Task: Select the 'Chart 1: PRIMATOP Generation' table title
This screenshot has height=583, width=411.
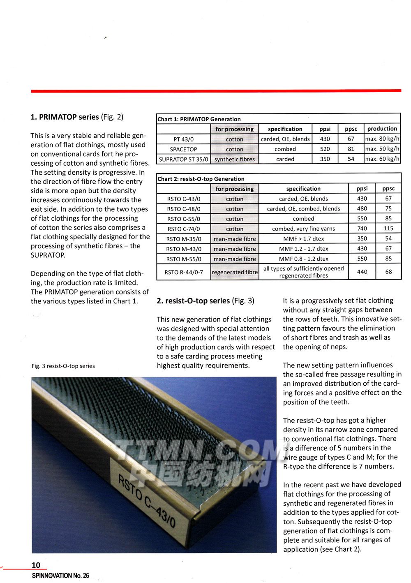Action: tap(199, 119)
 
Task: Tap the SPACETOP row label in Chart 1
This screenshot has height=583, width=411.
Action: tap(183, 149)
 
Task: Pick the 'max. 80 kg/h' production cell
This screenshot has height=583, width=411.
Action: tap(382, 139)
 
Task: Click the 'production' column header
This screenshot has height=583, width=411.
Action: tap(382, 129)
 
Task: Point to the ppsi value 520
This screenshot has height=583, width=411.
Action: tap(325, 149)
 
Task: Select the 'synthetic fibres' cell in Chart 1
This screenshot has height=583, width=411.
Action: tap(234, 159)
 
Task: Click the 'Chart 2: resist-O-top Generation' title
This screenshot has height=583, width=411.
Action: tap(201, 179)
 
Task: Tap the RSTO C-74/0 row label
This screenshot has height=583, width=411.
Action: tap(183, 229)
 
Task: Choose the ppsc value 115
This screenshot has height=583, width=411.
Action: tap(388, 229)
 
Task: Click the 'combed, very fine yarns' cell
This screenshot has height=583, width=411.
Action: tap(303, 229)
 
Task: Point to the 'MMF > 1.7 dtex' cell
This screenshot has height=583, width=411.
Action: tap(303, 239)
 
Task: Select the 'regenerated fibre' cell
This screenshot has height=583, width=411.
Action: tap(234, 272)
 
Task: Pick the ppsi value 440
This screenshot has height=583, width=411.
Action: tap(362, 272)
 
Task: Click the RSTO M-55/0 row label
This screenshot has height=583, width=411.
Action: tap(183, 259)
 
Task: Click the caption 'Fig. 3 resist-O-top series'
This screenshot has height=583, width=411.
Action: tap(63, 366)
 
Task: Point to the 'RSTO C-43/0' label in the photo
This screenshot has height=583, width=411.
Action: tap(147, 501)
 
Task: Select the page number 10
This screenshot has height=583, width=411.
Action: tap(36, 565)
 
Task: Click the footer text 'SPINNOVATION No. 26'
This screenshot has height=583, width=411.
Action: tap(60, 576)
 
